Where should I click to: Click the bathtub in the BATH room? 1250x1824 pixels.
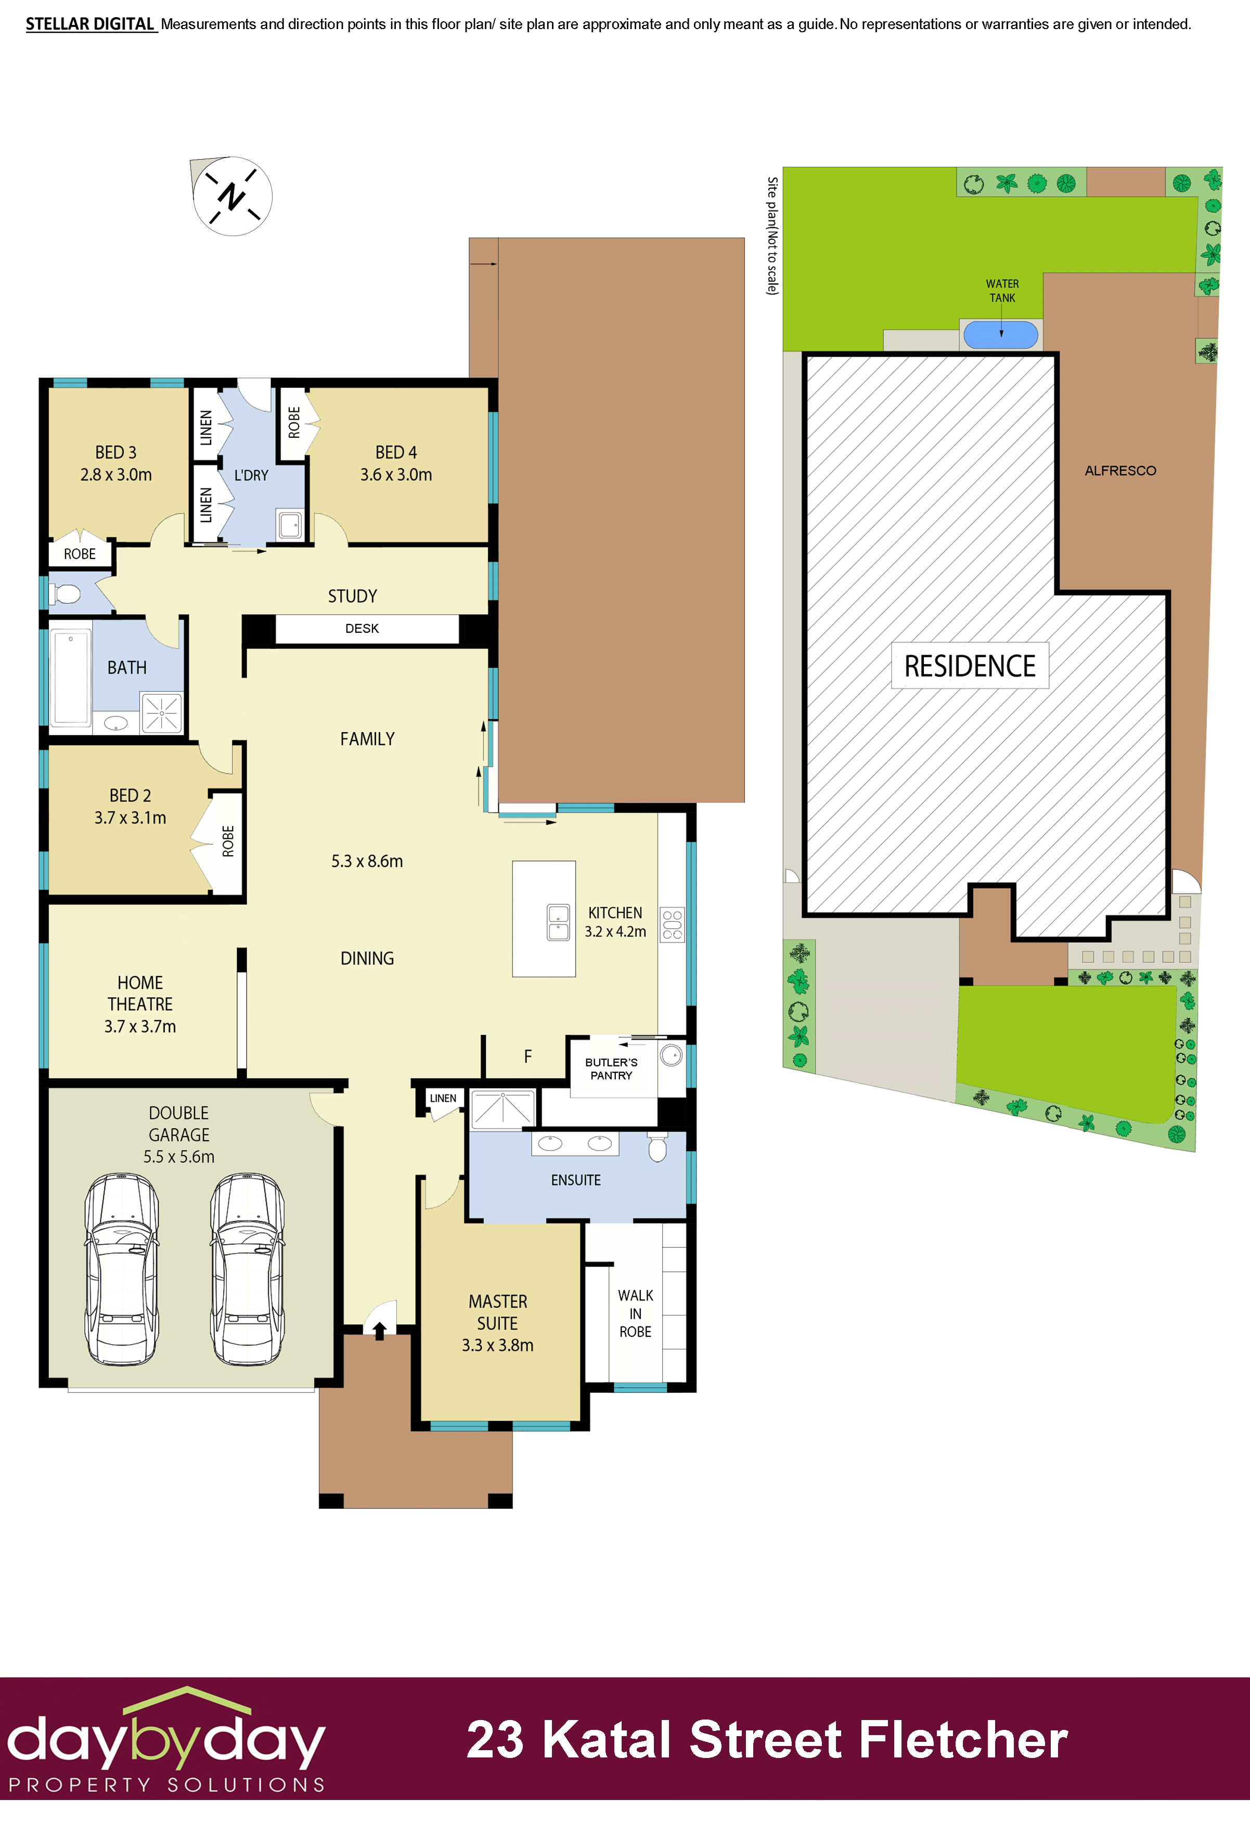(71, 678)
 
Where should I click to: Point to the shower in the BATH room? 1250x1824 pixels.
(162, 713)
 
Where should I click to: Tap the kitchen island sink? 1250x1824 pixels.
(558, 922)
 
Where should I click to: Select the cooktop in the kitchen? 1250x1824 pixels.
(672, 924)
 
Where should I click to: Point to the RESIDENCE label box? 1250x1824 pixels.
(970, 667)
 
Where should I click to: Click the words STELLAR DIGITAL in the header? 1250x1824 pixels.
(91, 24)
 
